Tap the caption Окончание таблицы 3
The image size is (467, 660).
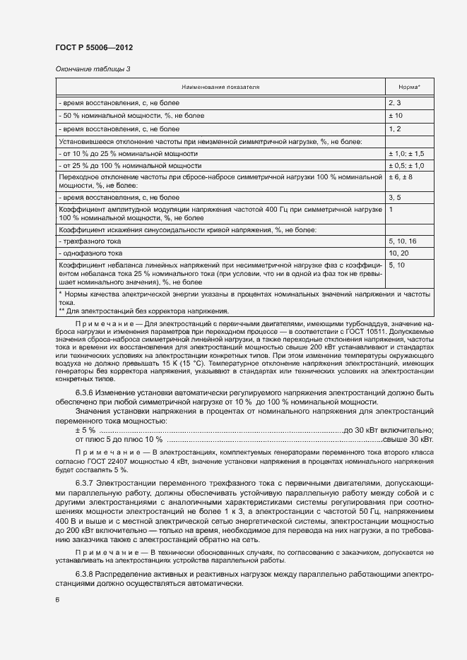point(93,68)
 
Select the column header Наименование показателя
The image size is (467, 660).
point(220,87)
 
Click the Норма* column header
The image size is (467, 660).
point(409,87)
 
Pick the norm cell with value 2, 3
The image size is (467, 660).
point(394,103)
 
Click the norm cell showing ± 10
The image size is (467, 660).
point(395,115)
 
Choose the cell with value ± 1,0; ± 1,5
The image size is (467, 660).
point(406,153)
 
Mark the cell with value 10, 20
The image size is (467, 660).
point(398,252)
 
